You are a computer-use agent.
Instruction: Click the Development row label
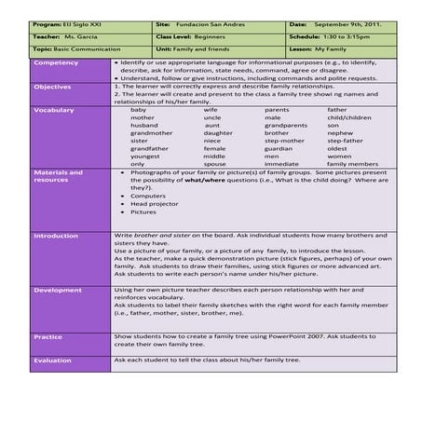point(58,290)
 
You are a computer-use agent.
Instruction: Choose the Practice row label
point(48,336)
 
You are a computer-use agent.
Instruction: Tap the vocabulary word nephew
point(341,132)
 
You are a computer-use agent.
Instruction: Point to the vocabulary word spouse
point(214,163)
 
